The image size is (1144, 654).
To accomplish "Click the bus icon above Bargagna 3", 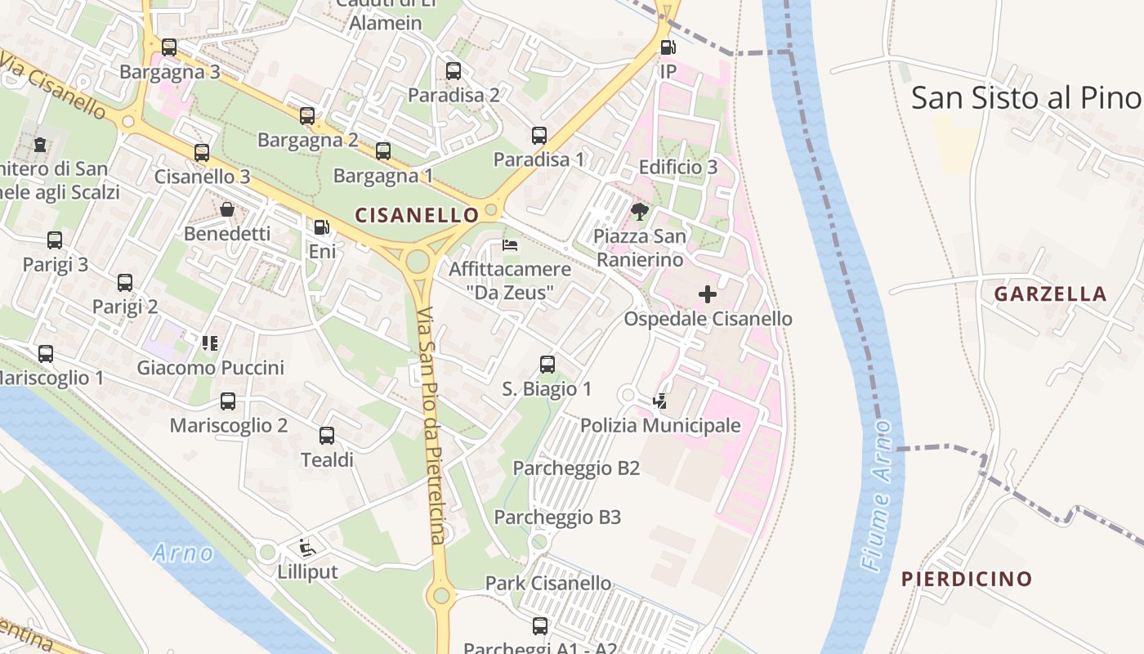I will [x=169, y=47].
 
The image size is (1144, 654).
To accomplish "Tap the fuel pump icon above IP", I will [x=668, y=47].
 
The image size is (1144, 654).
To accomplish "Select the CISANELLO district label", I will [x=417, y=215].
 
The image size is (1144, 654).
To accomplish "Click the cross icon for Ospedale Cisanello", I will [x=708, y=294].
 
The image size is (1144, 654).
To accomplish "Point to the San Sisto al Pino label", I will [x=1026, y=98].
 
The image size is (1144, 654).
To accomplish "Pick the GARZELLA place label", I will [x=1050, y=294].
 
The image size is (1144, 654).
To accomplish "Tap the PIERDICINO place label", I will [x=967, y=579].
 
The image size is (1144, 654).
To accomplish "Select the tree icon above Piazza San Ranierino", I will [x=640, y=213].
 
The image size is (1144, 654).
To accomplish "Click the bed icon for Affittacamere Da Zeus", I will [x=510, y=245].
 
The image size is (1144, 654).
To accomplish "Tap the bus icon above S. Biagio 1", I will [x=547, y=365].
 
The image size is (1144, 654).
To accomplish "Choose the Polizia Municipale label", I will [x=660, y=425].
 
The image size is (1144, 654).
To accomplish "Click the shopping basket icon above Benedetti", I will [x=227, y=210].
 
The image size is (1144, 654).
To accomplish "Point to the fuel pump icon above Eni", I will [x=322, y=227].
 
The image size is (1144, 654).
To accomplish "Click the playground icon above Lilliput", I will [x=307, y=547].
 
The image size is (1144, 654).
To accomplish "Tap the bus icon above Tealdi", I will [x=327, y=436].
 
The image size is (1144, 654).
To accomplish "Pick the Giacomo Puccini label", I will [x=211, y=367].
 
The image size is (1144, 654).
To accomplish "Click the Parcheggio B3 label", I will [x=557, y=517].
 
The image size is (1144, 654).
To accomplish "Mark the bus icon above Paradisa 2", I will [x=454, y=71].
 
